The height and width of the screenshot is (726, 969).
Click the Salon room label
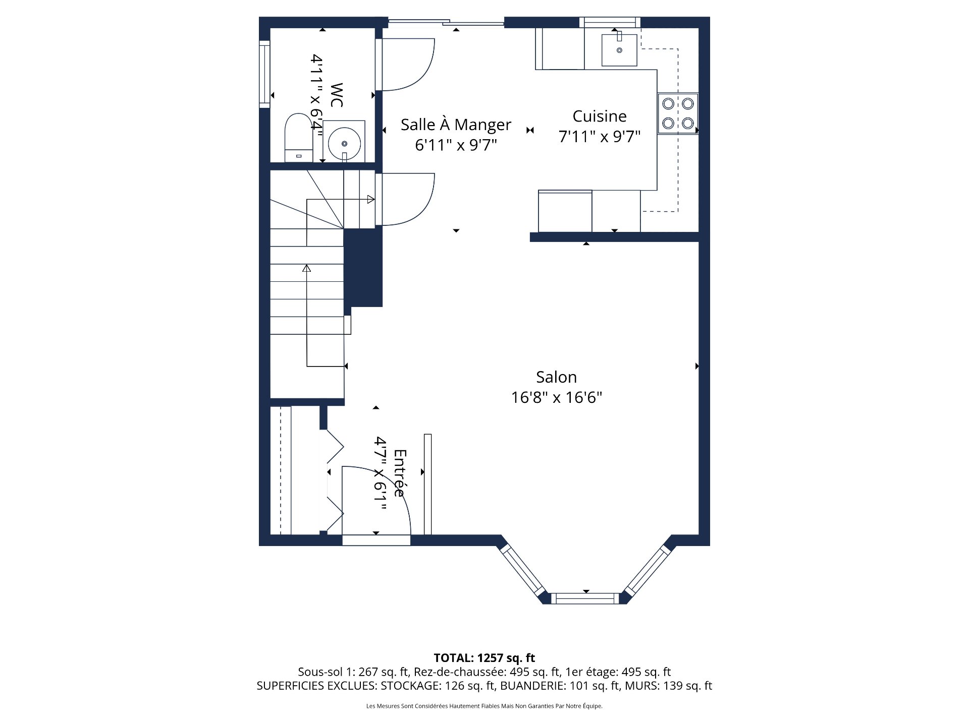[x=556, y=377]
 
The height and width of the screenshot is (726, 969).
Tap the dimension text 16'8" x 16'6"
[x=556, y=397]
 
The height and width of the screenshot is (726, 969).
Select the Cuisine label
[x=599, y=116]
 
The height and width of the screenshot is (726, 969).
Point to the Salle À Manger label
[x=456, y=125]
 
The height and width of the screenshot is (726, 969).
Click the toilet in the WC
[x=298, y=137]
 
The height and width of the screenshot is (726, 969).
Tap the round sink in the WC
[x=344, y=143]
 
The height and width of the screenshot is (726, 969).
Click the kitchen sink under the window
[x=619, y=50]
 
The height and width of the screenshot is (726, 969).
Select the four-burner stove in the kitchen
[x=678, y=113]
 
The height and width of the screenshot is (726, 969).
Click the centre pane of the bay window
[x=584, y=598]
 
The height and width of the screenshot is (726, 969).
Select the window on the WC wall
[x=264, y=74]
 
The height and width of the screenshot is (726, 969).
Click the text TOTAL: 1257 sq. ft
[x=484, y=658]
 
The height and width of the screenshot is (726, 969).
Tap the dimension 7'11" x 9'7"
[x=599, y=137]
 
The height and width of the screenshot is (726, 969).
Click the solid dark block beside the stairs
[x=363, y=267]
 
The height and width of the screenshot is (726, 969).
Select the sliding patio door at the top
[x=446, y=22]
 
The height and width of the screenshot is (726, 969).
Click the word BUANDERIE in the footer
[x=533, y=686]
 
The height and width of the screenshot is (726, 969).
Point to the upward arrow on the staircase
[x=306, y=268]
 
